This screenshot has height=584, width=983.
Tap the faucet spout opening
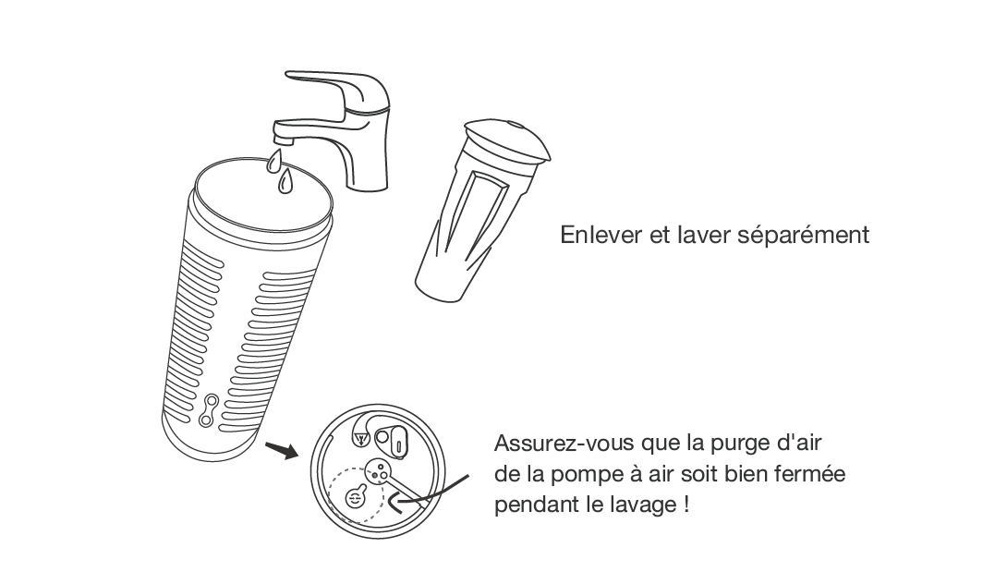(x=284, y=140)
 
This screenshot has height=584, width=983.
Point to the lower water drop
(x=285, y=181)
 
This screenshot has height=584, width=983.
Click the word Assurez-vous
(x=564, y=444)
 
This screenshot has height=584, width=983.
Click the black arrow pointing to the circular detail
(x=282, y=450)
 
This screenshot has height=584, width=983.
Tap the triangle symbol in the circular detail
(x=360, y=439)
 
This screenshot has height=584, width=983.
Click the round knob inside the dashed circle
(x=356, y=497)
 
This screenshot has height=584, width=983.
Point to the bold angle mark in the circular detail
(x=397, y=503)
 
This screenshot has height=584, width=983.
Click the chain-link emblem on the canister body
(x=209, y=410)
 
